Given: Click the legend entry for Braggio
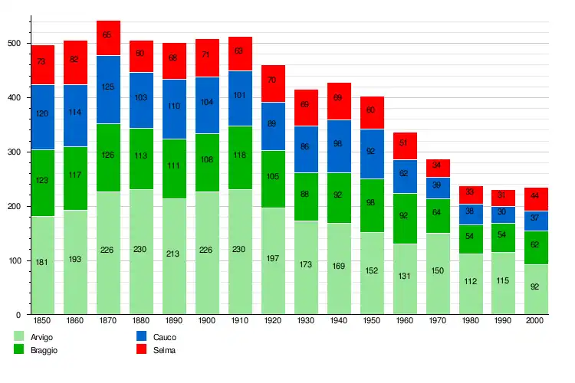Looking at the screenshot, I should pyautogui.click(x=39, y=350).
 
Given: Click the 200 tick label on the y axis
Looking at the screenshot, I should pyautogui.click(x=14, y=207).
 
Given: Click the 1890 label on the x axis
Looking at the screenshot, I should pyautogui.click(x=174, y=320).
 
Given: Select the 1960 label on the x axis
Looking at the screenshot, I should pyautogui.click(x=404, y=320).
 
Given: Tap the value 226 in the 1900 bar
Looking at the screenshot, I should pyautogui.click(x=207, y=248).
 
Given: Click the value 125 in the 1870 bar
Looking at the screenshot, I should pyautogui.click(x=108, y=87).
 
